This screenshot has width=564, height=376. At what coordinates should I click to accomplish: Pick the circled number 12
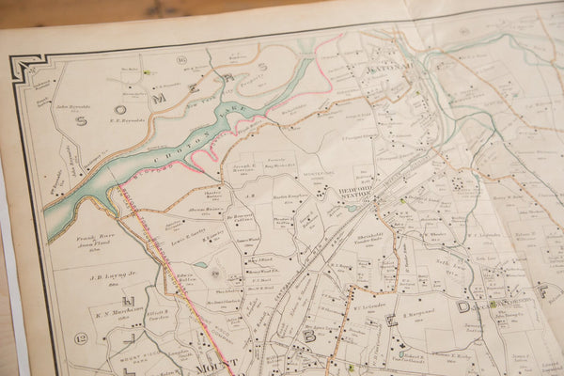point(81,337)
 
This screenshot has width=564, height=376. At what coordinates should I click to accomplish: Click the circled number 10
point(181,60)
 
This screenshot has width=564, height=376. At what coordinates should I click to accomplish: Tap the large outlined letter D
point(462,306)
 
